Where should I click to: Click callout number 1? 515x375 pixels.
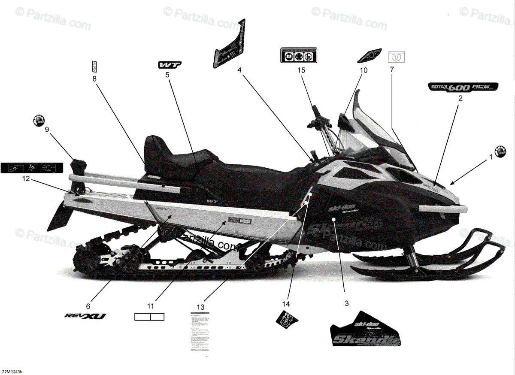pyautogui.click(x=491, y=157)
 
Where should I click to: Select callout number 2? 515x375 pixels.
pyautogui.click(x=460, y=98)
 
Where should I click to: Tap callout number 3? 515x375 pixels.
pyautogui.click(x=346, y=303)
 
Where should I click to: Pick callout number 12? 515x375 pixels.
pyautogui.click(x=26, y=179)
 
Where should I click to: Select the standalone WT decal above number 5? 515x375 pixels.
pyautogui.click(x=169, y=65)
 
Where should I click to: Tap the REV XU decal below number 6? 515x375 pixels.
pyautogui.click(x=85, y=316)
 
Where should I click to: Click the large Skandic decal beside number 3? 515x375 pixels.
pyautogui.click(x=366, y=330)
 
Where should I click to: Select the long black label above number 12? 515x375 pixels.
pyautogui.click(x=31, y=167)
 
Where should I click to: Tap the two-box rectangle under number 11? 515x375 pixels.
pyautogui.click(x=150, y=317)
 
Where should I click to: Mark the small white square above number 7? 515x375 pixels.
pyautogui.click(x=397, y=57)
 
